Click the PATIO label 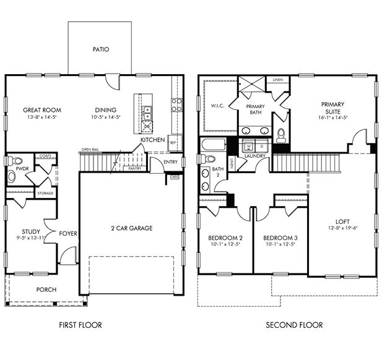coord(100,49)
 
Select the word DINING coord(105,110)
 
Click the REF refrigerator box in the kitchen coord(174,142)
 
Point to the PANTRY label coord(133,168)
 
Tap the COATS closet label coord(45,156)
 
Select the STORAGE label coord(45,193)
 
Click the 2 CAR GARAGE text coord(131,228)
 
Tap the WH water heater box coord(175,177)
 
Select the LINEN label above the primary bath coord(277,80)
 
